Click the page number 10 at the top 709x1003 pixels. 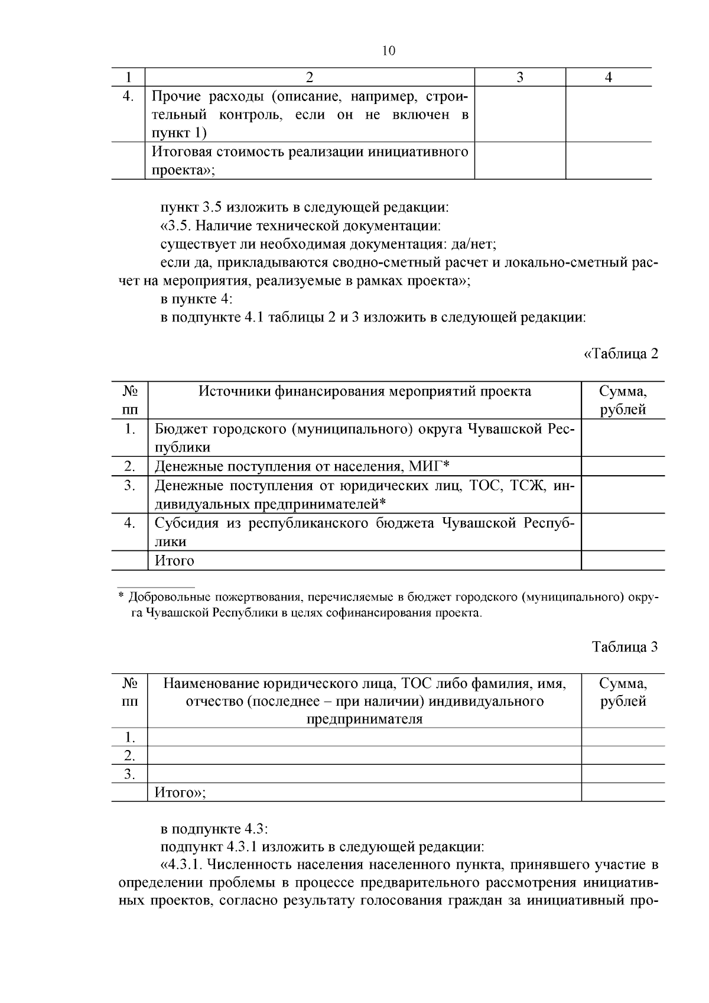[x=388, y=51]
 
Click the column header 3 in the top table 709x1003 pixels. [x=519, y=77]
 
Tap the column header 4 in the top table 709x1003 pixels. [x=609, y=77]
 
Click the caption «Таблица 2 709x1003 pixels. [x=620, y=353]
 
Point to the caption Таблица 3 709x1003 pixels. [x=625, y=646]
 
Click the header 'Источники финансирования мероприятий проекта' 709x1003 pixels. [x=364, y=391]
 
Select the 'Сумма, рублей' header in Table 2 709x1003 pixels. [x=623, y=400]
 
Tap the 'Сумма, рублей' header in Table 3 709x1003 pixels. [x=623, y=692]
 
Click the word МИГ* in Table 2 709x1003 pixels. [x=430, y=466]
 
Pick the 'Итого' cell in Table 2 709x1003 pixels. [x=174, y=560]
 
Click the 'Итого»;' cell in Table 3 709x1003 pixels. [x=180, y=792]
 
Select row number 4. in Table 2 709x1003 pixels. [x=129, y=523]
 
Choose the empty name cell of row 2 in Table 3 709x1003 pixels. [x=364, y=755]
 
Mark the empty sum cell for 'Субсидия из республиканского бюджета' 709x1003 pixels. [x=623, y=532]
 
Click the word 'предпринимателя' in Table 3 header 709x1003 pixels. [x=364, y=719]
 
